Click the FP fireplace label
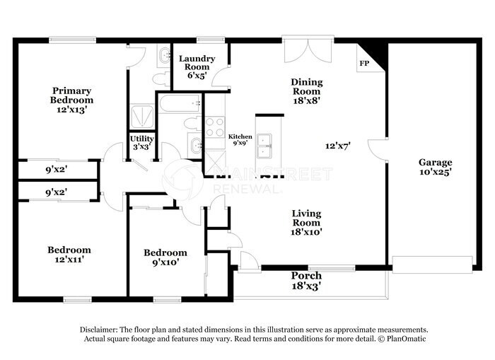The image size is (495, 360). click(364, 64)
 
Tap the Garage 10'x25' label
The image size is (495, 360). click(436, 167)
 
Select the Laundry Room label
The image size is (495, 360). click(197, 62)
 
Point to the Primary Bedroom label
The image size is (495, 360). click(71, 100)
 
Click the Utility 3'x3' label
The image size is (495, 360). click(141, 143)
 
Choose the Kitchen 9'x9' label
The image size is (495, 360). click(240, 139)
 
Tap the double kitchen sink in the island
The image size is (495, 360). click(264, 146)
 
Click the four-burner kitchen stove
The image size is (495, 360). click(215, 127)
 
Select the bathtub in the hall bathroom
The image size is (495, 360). click(180, 103)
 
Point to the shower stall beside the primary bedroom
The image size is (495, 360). click(142, 117)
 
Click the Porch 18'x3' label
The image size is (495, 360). click(306, 280)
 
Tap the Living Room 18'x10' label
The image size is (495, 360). click(306, 223)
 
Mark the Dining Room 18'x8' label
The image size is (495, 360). click(307, 91)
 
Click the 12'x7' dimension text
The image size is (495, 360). click(338, 146)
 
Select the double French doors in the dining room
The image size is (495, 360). click(308, 50)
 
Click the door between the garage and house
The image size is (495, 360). click(377, 151)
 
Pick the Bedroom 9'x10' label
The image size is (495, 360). click(165, 257)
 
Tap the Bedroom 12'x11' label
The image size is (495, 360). click(69, 255)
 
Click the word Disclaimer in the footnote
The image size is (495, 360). click(98, 330)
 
